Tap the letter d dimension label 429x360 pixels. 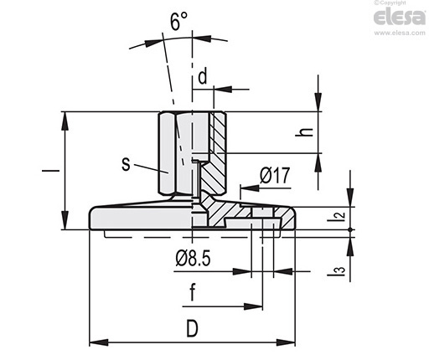coord(203,76)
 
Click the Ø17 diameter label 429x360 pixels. coord(275,175)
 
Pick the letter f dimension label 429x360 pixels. coord(192,292)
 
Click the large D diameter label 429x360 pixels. coord(192,328)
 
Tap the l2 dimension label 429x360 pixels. coord(336,215)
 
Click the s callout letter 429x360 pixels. coord(127,164)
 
